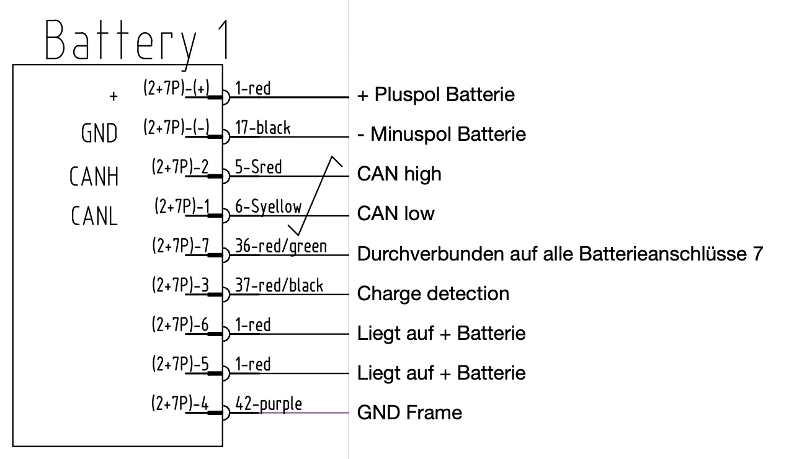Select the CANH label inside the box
pos(94,176)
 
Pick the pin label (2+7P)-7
pos(180,246)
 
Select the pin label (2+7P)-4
pos(180,404)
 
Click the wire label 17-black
pos(263,128)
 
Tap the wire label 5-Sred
pos(259,167)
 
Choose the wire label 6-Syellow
pos(269,207)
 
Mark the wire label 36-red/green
pos(281,246)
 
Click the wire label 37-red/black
pos(279,285)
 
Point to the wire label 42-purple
pos(269,404)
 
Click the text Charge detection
pos(433,293)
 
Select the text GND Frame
pos(409,412)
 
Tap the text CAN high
pos(399,174)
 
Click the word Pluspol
pos(403,95)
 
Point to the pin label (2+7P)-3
pos(180,285)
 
